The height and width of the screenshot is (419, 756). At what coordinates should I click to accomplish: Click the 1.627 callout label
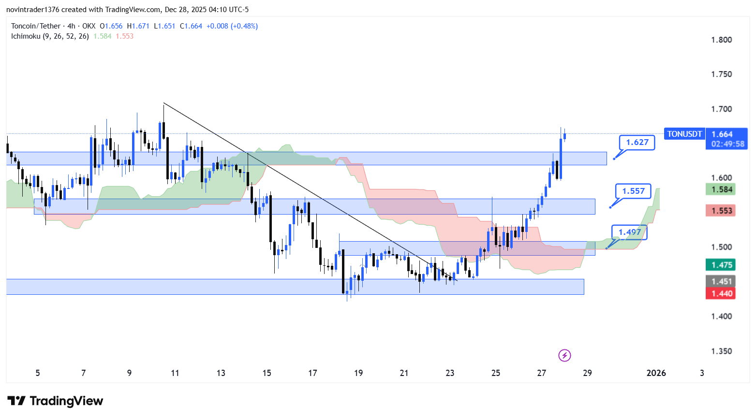pos(637,142)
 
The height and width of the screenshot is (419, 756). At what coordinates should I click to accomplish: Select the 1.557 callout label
pos(633,191)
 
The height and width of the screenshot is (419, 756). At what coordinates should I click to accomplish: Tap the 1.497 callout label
pos(629,232)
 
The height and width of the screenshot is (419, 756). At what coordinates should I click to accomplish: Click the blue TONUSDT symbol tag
pos(684,134)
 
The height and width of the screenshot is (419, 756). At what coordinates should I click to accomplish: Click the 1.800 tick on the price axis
pos(721,40)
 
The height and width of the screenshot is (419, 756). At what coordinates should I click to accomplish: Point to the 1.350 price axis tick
pos(721,351)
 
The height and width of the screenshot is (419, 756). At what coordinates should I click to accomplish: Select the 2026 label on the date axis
pos(656,373)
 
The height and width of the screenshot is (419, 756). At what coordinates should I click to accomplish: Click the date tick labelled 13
pos(221,373)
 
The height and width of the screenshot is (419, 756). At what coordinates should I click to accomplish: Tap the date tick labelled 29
pos(587,373)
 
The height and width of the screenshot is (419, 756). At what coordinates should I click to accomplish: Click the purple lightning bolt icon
pos(564,356)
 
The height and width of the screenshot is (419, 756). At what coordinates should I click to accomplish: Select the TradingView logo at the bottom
pos(55,401)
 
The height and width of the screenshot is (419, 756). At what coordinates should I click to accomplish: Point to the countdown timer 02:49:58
pos(727,144)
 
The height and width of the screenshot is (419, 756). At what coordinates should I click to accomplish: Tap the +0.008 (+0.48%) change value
pos(232,26)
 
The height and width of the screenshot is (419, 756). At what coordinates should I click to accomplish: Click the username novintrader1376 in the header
pos(32,10)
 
